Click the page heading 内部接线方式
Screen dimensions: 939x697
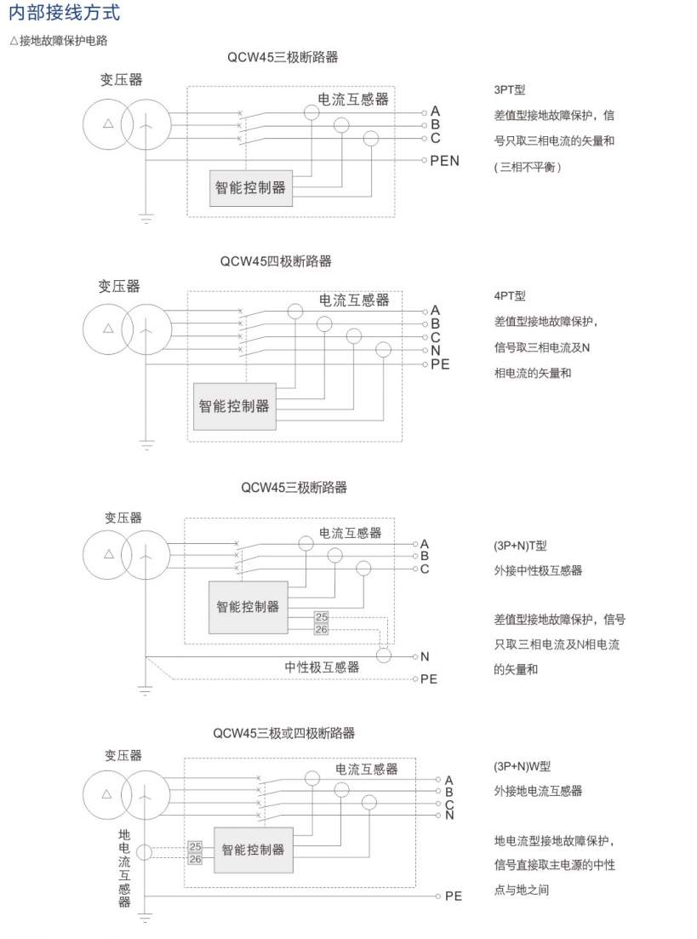64,14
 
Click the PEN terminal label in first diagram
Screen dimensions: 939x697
445,160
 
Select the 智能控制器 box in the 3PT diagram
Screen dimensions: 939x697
249,188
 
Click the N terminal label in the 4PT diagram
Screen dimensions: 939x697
435,351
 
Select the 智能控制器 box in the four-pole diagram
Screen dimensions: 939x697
234,406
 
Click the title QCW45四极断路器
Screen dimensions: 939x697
276,261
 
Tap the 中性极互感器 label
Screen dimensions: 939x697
322,667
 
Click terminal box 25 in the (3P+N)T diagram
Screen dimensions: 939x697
321,616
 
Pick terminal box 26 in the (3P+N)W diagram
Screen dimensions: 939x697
196,859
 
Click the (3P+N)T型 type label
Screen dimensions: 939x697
522,545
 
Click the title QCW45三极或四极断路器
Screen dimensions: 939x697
284,733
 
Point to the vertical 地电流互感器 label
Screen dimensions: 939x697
124,867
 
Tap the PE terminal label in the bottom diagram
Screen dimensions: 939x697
454,896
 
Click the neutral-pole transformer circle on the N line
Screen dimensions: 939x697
384,656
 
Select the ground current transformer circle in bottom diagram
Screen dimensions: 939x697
146,852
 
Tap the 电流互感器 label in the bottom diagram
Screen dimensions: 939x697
366,769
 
